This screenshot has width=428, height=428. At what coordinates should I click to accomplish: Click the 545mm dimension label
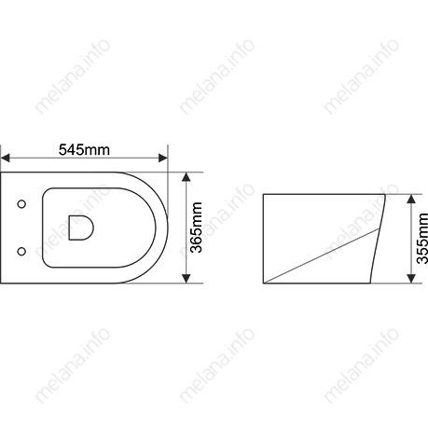click(x=84, y=150)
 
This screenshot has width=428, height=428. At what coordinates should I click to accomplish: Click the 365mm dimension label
click(x=197, y=228)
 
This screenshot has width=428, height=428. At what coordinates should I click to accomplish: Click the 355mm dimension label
click(x=422, y=239)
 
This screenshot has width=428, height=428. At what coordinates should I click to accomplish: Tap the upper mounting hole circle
click(x=21, y=204)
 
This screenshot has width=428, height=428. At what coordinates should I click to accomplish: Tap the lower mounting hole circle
click(x=21, y=251)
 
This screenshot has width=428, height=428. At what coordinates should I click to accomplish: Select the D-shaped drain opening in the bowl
click(x=81, y=228)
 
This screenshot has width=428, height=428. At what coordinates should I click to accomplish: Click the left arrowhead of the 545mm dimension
click(x=5, y=158)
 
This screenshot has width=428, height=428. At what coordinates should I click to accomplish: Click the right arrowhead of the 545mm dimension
click(x=163, y=158)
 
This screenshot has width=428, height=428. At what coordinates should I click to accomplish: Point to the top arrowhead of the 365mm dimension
click(x=186, y=177)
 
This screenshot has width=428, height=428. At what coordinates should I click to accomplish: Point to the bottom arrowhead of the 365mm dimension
click(x=186, y=279)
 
